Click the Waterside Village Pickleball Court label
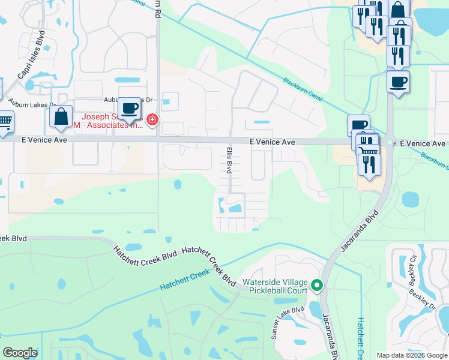coord(275,283)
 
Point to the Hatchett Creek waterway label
coord(185,280)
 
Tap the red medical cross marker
coord(152,121)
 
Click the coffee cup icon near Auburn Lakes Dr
coord(129,109)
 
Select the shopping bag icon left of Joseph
coord(61,116)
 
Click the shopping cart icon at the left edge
coord(4,122)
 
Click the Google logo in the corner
coord(20,353)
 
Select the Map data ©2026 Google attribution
coord(412,355)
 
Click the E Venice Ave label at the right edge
coord(423,143)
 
